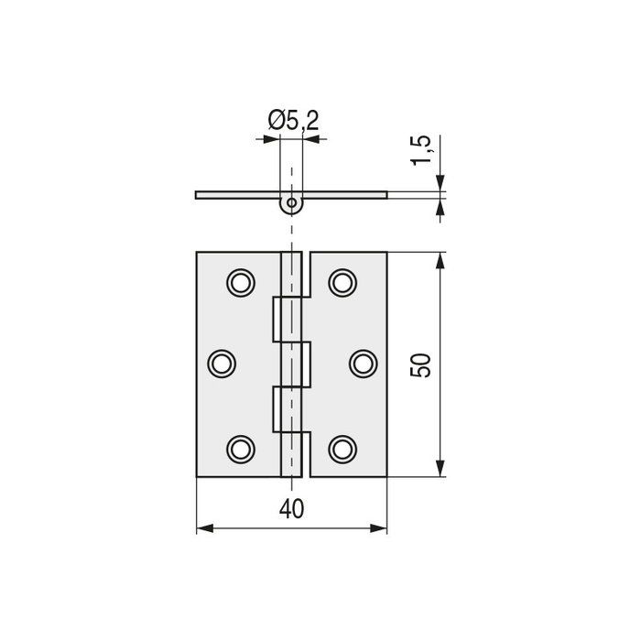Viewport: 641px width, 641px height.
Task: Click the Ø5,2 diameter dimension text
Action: pos(293,120)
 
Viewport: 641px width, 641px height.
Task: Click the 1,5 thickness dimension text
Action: pos(420,150)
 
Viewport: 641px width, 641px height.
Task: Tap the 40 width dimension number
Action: pos(292,509)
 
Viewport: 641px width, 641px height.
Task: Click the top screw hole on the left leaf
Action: pos(241,281)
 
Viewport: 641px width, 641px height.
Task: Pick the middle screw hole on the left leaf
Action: pos(222,364)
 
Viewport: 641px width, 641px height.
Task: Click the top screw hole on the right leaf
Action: pos(342,281)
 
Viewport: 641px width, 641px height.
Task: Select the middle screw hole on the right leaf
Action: pos(363,364)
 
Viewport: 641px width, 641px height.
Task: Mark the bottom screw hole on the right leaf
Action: pos(342,448)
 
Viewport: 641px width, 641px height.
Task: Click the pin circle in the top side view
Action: pos(291,201)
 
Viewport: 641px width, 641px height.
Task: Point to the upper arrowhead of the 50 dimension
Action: pos(440,261)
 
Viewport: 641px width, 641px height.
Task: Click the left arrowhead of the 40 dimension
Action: pos(205,528)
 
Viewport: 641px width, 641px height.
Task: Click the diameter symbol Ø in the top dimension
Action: pos(276,120)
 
